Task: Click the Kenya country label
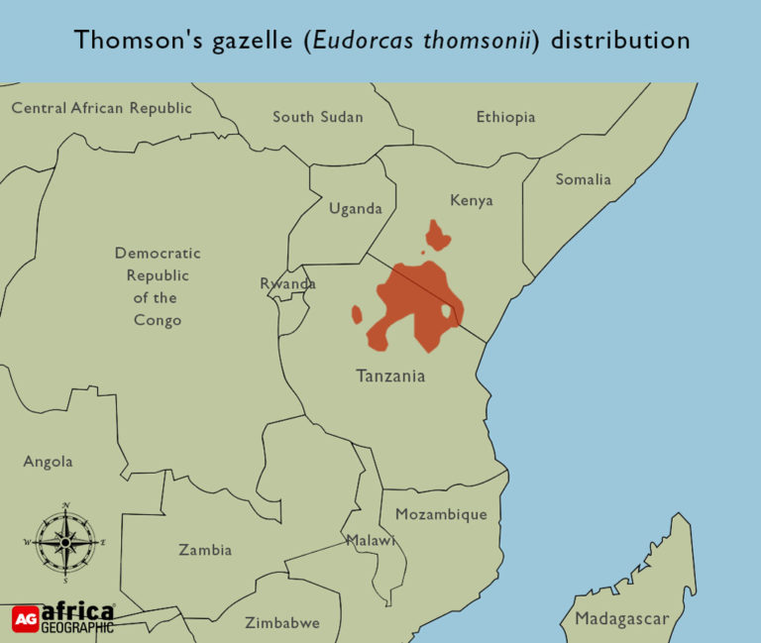(471, 200)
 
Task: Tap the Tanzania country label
(390, 376)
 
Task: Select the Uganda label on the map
(355, 209)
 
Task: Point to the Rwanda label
(287, 284)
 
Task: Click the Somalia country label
(583, 179)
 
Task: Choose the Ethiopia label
(505, 117)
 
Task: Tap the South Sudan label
(317, 117)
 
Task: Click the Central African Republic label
(101, 108)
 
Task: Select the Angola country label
(48, 462)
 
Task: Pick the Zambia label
(205, 550)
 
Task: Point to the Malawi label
(371, 541)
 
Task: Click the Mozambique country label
(441, 514)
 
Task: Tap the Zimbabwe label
(282, 623)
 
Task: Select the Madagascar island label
(622, 620)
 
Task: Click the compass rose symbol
(65, 542)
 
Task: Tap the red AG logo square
(26, 618)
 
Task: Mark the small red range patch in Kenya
(436, 235)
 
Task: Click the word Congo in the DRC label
(158, 320)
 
